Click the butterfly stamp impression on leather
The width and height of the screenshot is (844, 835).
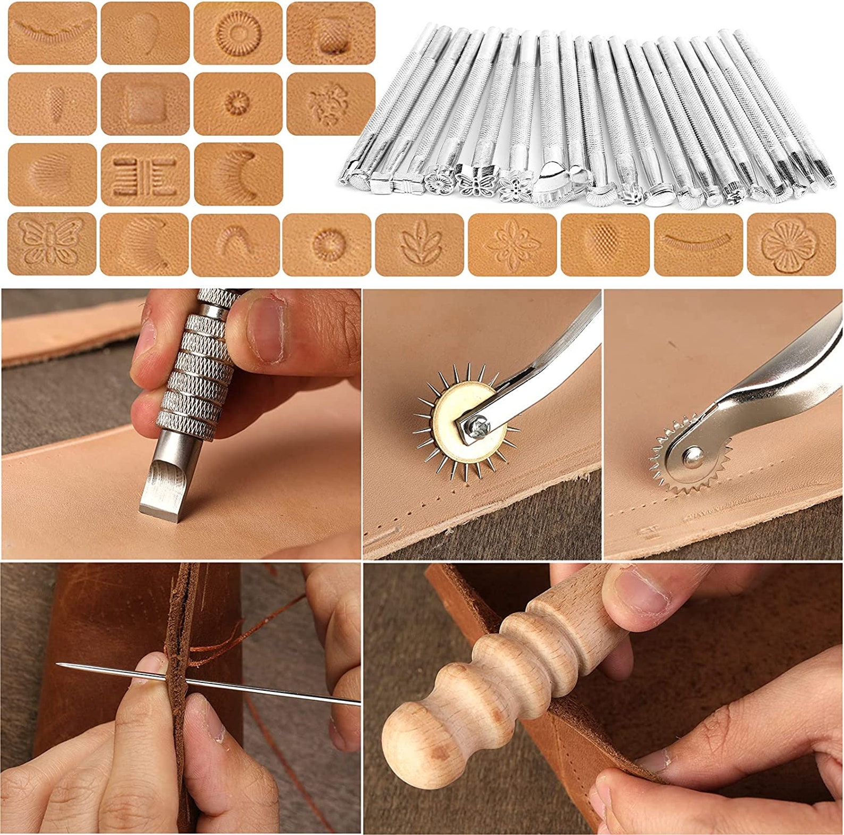click(x=52, y=244)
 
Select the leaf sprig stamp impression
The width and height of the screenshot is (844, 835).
click(x=420, y=245)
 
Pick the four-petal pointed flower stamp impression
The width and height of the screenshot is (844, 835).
click(x=512, y=245)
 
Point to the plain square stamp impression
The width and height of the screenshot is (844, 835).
click(x=145, y=104)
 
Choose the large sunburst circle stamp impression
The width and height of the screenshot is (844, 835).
click(x=238, y=33)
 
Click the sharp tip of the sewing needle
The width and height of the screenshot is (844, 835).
click(x=60, y=664)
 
